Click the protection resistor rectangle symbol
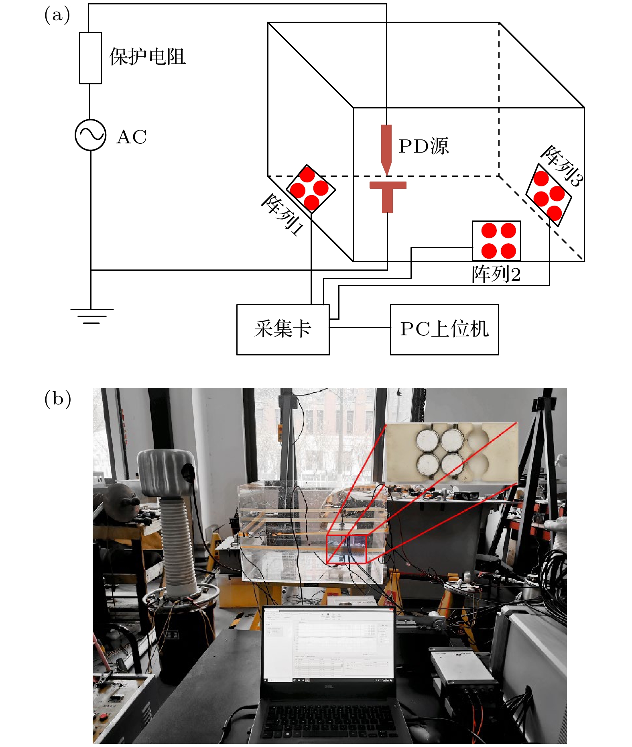tap(90, 58)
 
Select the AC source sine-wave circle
tap(91, 135)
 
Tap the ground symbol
tap(91, 316)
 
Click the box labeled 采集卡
tap(283, 329)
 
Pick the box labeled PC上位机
tap(444, 329)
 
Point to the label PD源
tap(423, 146)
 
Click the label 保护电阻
tap(147, 57)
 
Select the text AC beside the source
tap(132, 137)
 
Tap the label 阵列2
tap(496, 274)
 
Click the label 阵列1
tap(282, 214)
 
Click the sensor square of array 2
tap(496, 241)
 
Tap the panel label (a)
tap(57, 15)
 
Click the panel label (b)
tap(57, 398)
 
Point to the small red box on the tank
tap(346, 549)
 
